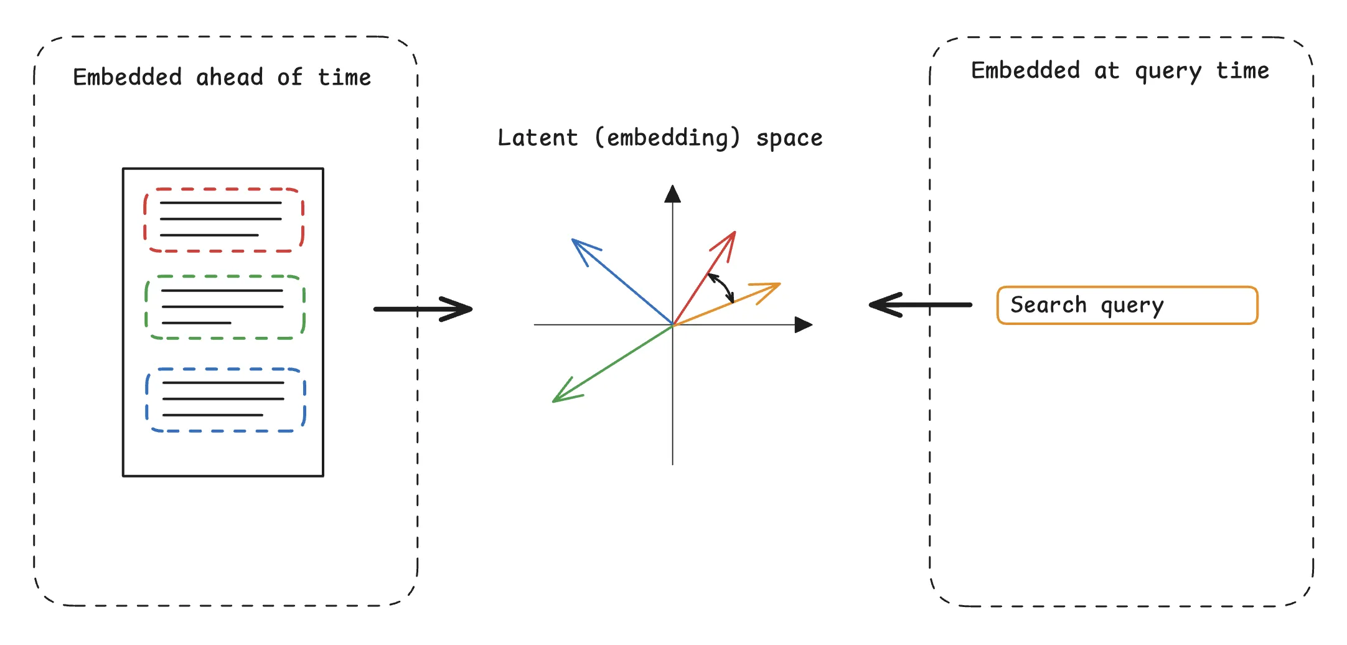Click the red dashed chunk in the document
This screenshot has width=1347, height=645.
point(224,220)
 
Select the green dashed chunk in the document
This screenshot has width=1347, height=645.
point(225,307)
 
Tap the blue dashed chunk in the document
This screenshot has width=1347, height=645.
point(225,400)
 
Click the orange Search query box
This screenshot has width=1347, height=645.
point(1127,305)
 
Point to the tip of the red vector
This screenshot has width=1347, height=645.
point(735,232)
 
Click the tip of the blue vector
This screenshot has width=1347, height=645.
point(573,240)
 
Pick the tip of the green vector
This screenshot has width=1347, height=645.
point(553,402)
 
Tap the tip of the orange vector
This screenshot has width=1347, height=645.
point(780,284)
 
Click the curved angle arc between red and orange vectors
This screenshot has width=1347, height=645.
point(723,286)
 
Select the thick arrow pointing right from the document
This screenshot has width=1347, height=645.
point(423,309)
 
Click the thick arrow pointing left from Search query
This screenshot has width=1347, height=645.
point(920,304)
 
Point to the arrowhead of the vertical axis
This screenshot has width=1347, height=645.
point(672,194)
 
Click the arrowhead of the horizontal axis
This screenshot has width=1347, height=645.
point(804,324)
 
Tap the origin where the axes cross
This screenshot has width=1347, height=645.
point(673,325)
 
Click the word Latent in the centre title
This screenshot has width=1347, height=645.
point(538,138)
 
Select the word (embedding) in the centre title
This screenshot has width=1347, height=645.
point(667,138)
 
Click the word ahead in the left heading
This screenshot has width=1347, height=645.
point(230,77)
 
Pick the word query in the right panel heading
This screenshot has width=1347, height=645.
point(1168,71)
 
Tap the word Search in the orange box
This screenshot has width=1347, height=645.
point(1048,305)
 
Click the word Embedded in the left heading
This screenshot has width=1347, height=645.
point(128,77)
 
